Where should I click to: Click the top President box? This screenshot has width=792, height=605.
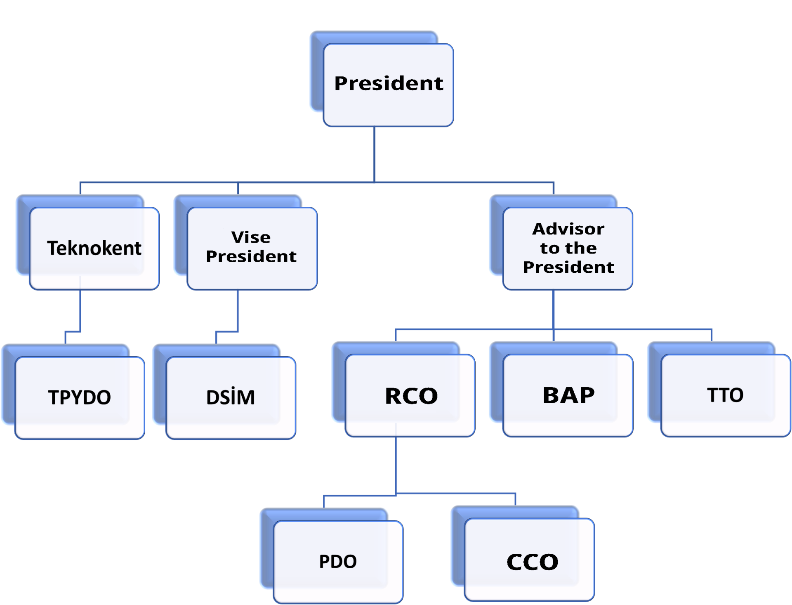[x=388, y=84]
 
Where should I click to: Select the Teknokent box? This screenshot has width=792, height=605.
[x=94, y=248]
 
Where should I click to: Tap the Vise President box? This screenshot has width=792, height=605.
[x=252, y=248]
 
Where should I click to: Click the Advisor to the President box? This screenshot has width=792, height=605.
[x=568, y=248]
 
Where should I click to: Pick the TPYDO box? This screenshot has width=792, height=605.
[x=80, y=397]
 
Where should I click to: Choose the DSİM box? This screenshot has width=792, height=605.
[x=231, y=397]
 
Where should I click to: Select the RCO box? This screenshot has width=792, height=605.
[x=410, y=395]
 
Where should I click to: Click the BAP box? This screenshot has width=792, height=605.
[x=568, y=395]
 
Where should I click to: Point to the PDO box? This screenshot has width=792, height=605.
[x=338, y=561]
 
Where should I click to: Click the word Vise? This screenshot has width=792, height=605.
[x=251, y=237]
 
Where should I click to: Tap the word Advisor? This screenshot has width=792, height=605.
[x=568, y=229]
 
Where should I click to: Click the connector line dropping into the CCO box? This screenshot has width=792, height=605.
[x=515, y=499]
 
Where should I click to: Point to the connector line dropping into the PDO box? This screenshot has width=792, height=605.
[x=324, y=501]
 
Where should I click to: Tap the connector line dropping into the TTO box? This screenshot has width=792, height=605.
[x=712, y=335]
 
